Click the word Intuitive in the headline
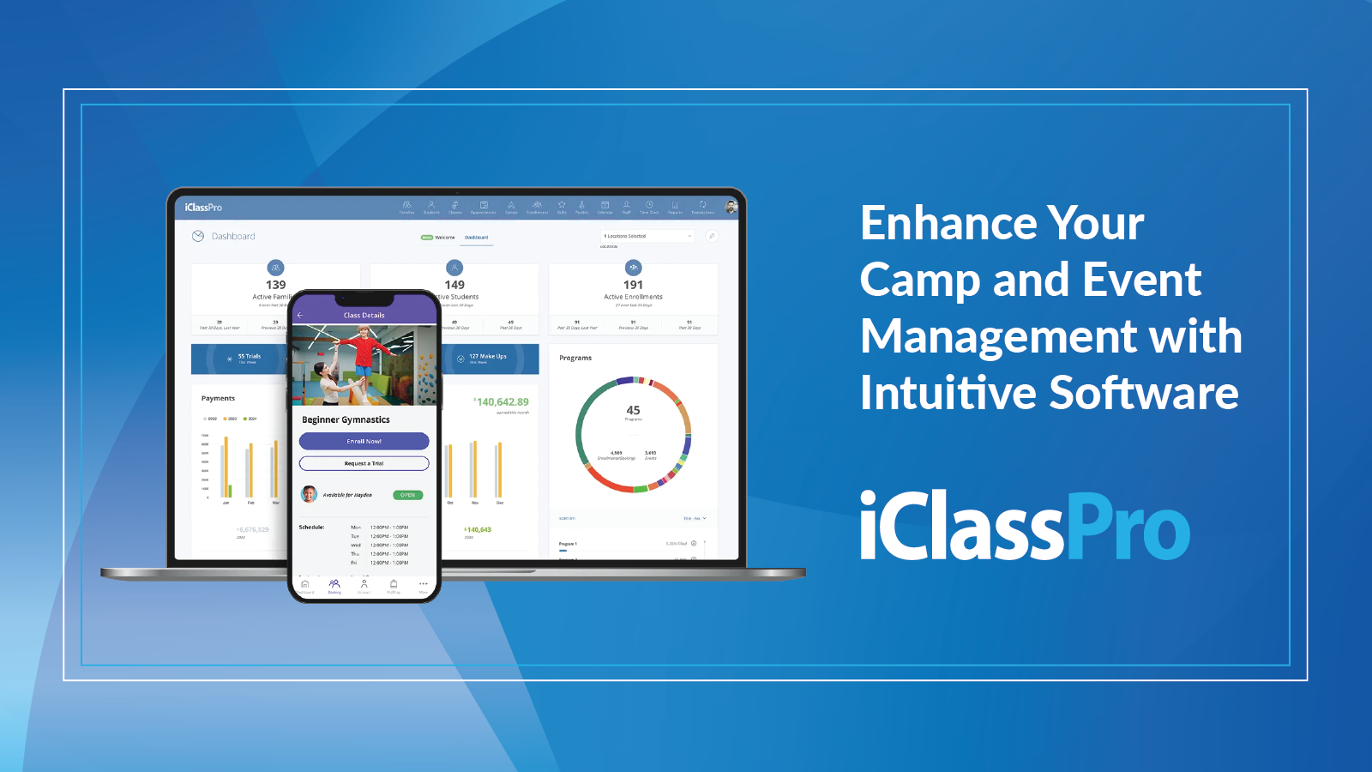948,394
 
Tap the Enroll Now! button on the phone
364,441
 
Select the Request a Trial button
364,463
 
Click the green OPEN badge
408,495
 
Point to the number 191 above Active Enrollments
633,285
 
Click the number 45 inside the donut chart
633,410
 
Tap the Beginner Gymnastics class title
346,419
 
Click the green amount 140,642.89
502,401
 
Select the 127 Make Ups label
487,356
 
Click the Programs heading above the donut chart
575,358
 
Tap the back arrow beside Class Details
300,315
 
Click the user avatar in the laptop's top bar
731,206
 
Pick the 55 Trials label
249,356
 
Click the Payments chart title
218,398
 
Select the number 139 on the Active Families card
275,285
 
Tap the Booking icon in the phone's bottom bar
334,584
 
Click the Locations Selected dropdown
647,236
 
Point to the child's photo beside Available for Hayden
310,494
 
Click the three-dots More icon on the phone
423,584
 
